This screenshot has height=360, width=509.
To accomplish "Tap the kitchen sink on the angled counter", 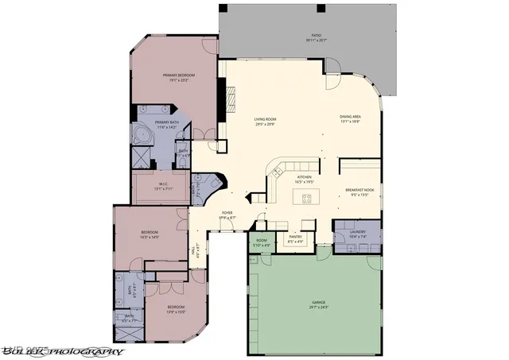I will click(278, 170).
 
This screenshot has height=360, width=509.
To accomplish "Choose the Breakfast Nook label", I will click(359, 191).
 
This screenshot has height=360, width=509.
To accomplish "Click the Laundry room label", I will click(357, 232).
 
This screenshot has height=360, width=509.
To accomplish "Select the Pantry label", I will click(295, 236).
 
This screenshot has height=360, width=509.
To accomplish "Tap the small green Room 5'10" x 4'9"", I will click(262, 242).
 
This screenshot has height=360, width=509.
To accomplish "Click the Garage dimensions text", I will click(318, 308).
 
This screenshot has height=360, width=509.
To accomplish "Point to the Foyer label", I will click(227, 215).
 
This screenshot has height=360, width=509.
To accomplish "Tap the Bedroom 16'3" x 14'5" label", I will click(150, 234).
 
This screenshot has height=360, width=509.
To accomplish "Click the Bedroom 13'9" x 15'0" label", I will click(176, 308).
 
